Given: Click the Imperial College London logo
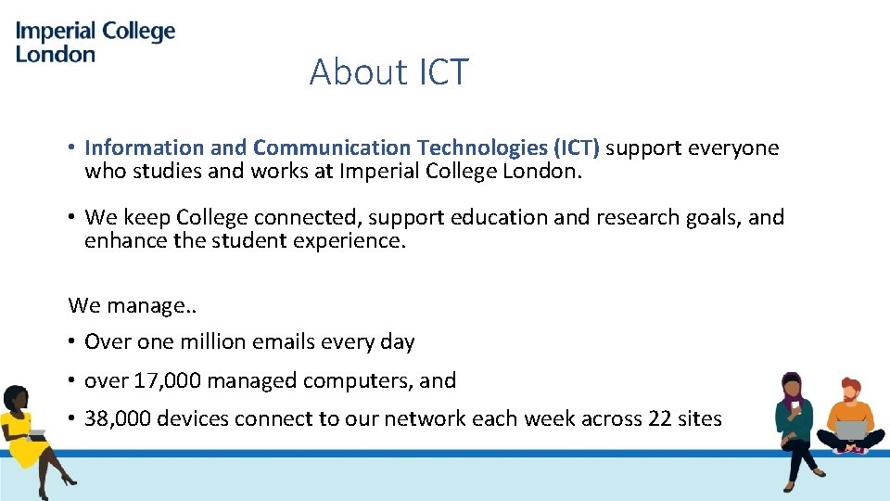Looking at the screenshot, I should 95,42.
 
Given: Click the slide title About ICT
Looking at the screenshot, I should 389,71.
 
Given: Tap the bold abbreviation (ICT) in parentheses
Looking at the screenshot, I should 577,148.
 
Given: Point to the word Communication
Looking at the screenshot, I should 332,148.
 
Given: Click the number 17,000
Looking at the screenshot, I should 167,380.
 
